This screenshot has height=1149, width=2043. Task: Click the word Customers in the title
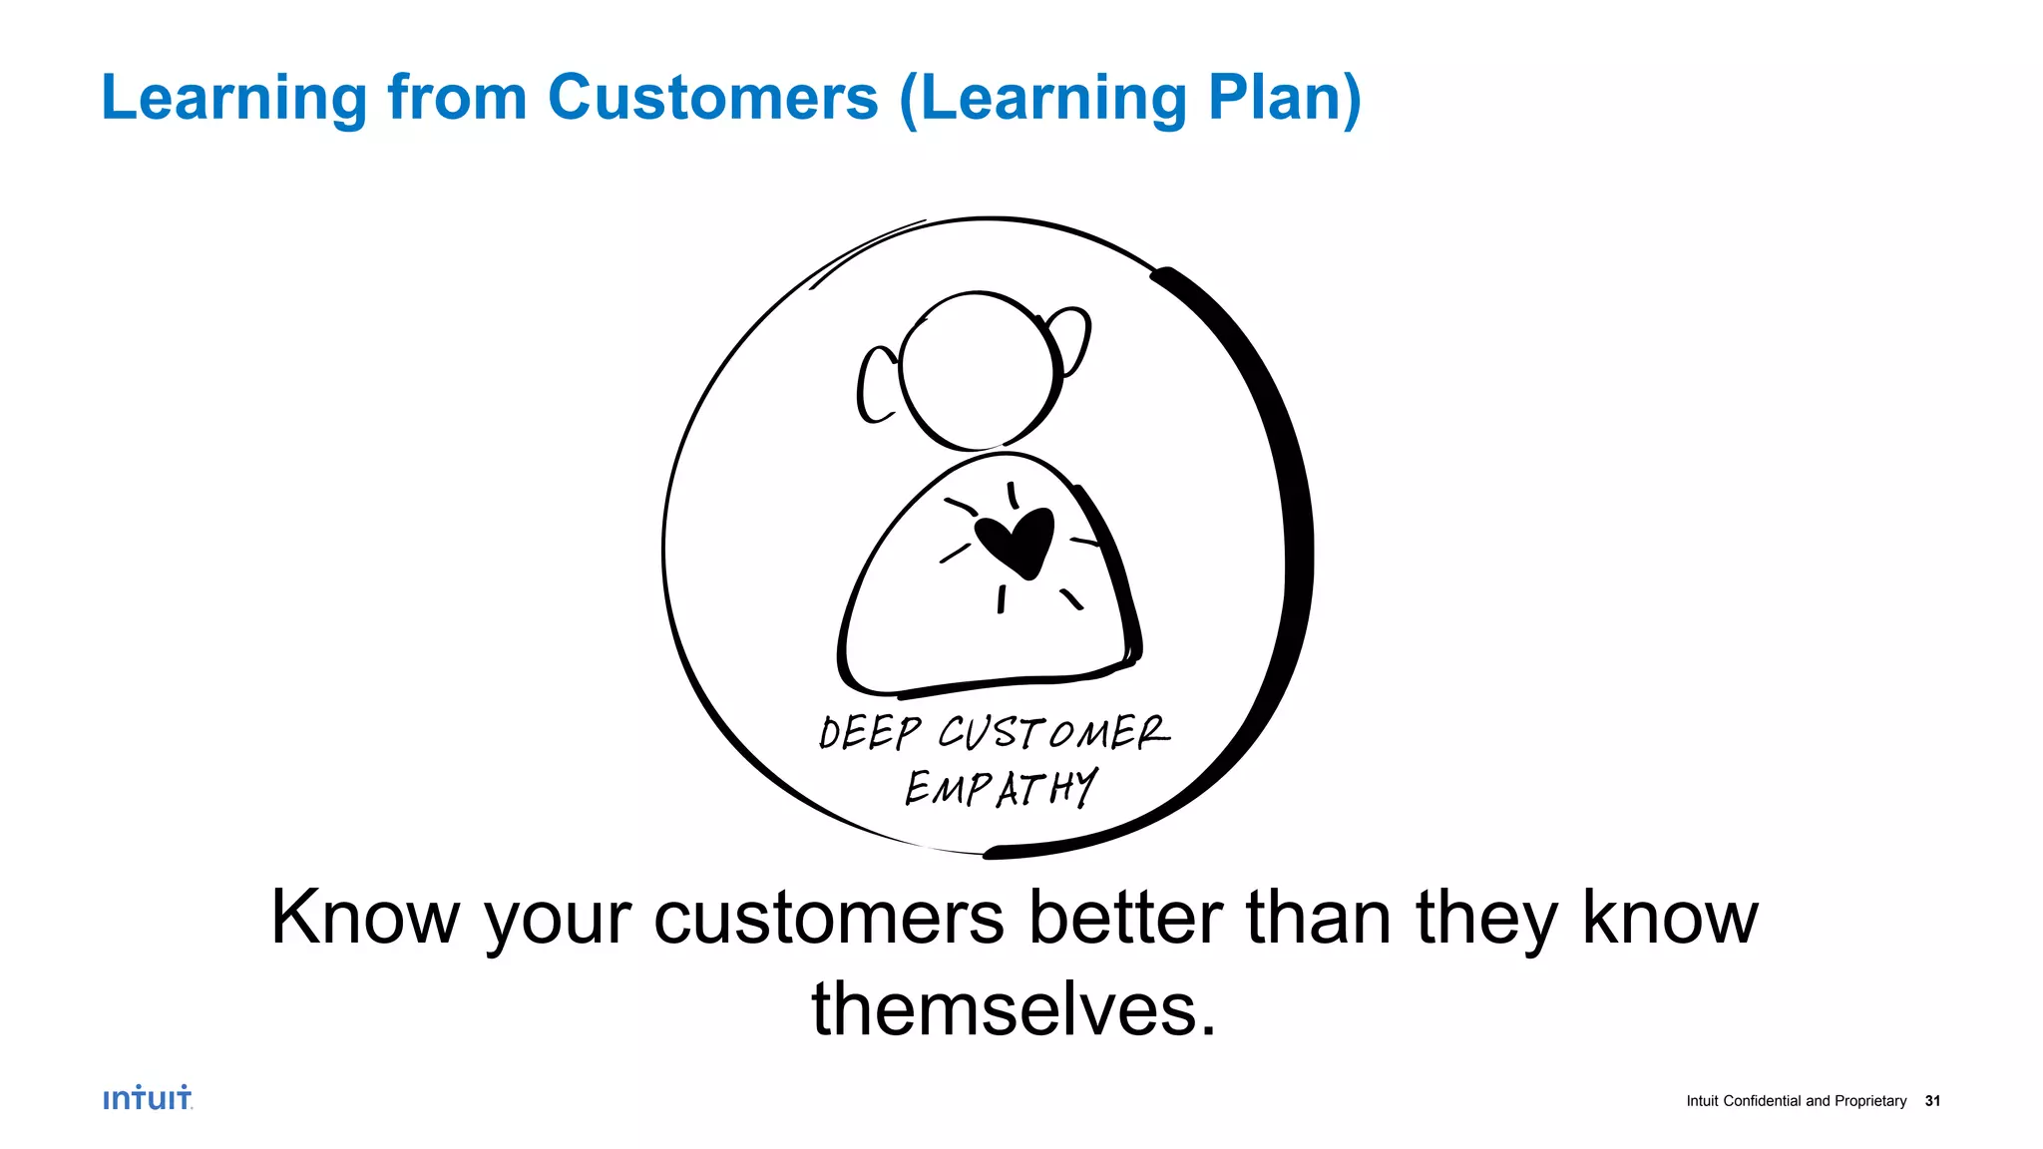[x=712, y=98]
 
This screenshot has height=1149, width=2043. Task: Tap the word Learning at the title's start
[x=234, y=100]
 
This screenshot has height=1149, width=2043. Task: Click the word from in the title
[x=457, y=98]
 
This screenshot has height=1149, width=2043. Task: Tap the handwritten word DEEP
[x=869, y=733]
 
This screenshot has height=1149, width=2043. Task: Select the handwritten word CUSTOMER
[x=1053, y=732]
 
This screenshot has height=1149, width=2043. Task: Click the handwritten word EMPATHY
[x=1001, y=788]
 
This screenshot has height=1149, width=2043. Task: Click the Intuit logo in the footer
[x=148, y=1098]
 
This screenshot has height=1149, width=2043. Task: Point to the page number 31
[x=1932, y=1101]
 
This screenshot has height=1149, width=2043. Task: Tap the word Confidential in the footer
[x=1762, y=1101]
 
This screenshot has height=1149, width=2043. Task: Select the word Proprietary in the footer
[x=1870, y=1101]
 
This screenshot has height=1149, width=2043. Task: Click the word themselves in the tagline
[x=1014, y=1009]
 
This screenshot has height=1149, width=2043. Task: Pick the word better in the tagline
[x=1125, y=918]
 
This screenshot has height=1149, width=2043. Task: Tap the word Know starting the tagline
[x=365, y=918]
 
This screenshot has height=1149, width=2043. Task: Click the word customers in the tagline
[x=828, y=918]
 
